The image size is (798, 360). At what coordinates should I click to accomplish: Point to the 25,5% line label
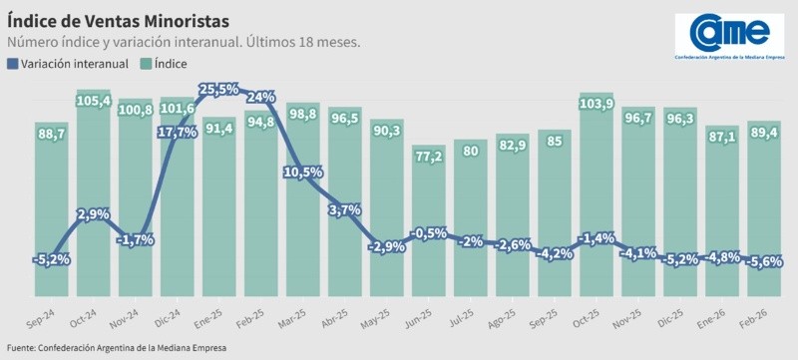218,90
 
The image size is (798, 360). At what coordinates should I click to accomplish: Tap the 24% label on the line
260,97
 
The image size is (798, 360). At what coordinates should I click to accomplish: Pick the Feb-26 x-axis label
760,326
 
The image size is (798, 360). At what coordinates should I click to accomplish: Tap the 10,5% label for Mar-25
302,172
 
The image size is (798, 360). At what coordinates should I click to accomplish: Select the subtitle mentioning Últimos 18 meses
184,43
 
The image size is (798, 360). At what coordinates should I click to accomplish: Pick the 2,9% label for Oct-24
93,214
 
